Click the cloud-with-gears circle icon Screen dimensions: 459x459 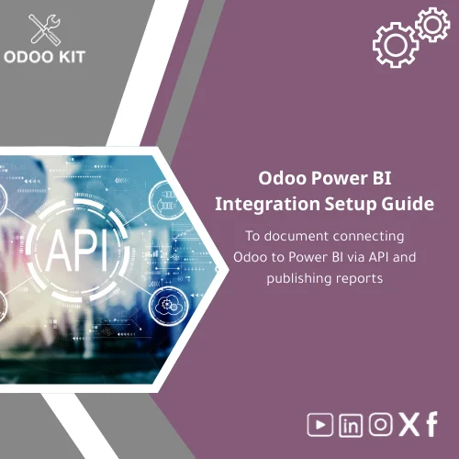pyautogui.click(x=168, y=304)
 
